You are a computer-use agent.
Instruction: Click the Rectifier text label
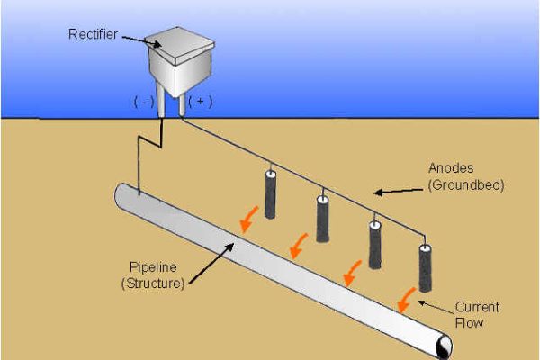[x=93, y=34]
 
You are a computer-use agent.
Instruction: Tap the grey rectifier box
[x=178, y=61]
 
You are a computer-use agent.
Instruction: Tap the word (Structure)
[x=155, y=283]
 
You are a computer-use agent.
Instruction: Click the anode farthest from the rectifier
[x=426, y=267]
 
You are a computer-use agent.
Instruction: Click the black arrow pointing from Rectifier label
[x=134, y=40]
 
